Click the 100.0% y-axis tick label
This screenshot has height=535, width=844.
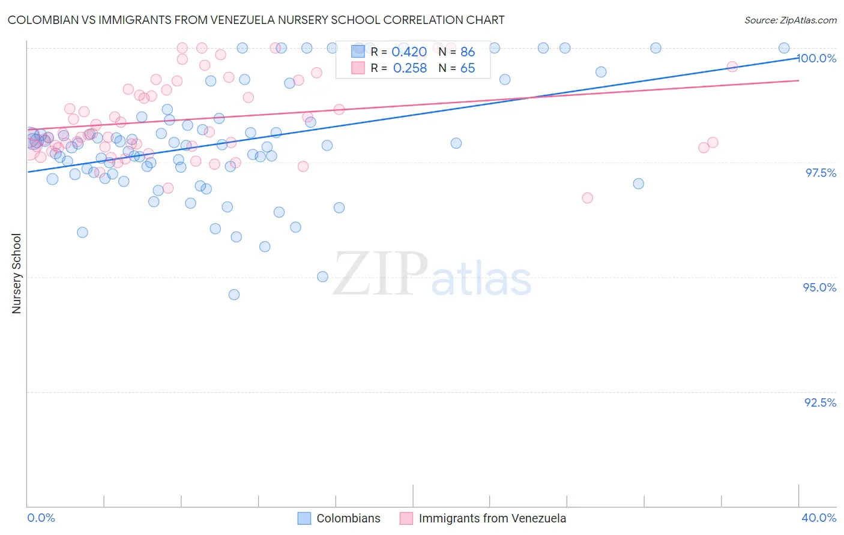tap(816, 58)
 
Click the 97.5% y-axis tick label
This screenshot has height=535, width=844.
tap(821, 173)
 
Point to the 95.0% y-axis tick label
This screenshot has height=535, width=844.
tap(819, 287)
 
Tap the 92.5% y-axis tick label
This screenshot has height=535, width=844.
tap(820, 402)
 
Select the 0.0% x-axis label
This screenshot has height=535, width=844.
tap(41, 518)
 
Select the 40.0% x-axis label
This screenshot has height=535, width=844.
tap(819, 518)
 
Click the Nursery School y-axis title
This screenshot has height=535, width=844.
tap(16, 273)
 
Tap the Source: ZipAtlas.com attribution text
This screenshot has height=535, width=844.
tap(790, 20)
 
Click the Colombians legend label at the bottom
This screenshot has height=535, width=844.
tap(348, 518)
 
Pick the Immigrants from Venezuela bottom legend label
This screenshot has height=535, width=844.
tap(492, 518)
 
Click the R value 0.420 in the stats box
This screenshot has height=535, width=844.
tap(409, 52)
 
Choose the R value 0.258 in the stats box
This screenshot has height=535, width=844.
tap(409, 68)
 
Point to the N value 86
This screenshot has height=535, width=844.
tap(468, 52)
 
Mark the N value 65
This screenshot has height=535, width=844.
tap(468, 68)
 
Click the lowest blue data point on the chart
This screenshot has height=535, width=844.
tap(234, 294)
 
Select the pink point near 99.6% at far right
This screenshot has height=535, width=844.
tap(732, 67)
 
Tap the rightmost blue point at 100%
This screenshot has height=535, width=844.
tap(784, 48)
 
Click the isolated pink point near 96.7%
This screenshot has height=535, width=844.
tap(587, 198)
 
